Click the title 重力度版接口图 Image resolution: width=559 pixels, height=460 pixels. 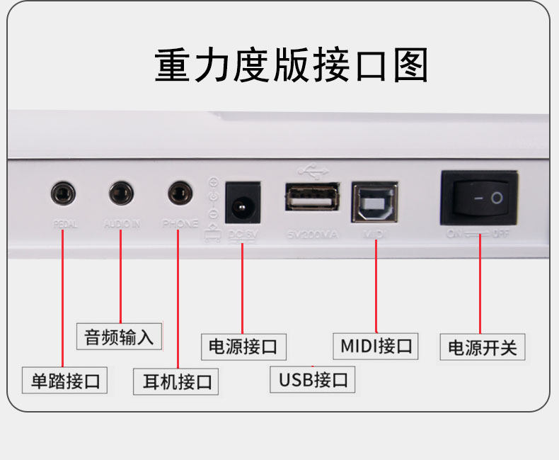click(x=291, y=66)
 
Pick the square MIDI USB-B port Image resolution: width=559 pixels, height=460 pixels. click(x=375, y=203)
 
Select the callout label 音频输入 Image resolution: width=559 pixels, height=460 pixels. click(x=119, y=337)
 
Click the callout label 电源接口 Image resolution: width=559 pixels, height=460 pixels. click(x=243, y=347)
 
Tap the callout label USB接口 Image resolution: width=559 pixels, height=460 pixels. click(x=313, y=380)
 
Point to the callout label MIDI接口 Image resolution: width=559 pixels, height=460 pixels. click(x=376, y=346)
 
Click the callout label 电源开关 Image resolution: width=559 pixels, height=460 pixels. click(x=483, y=348)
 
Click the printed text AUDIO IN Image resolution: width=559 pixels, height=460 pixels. click(x=122, y=224)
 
